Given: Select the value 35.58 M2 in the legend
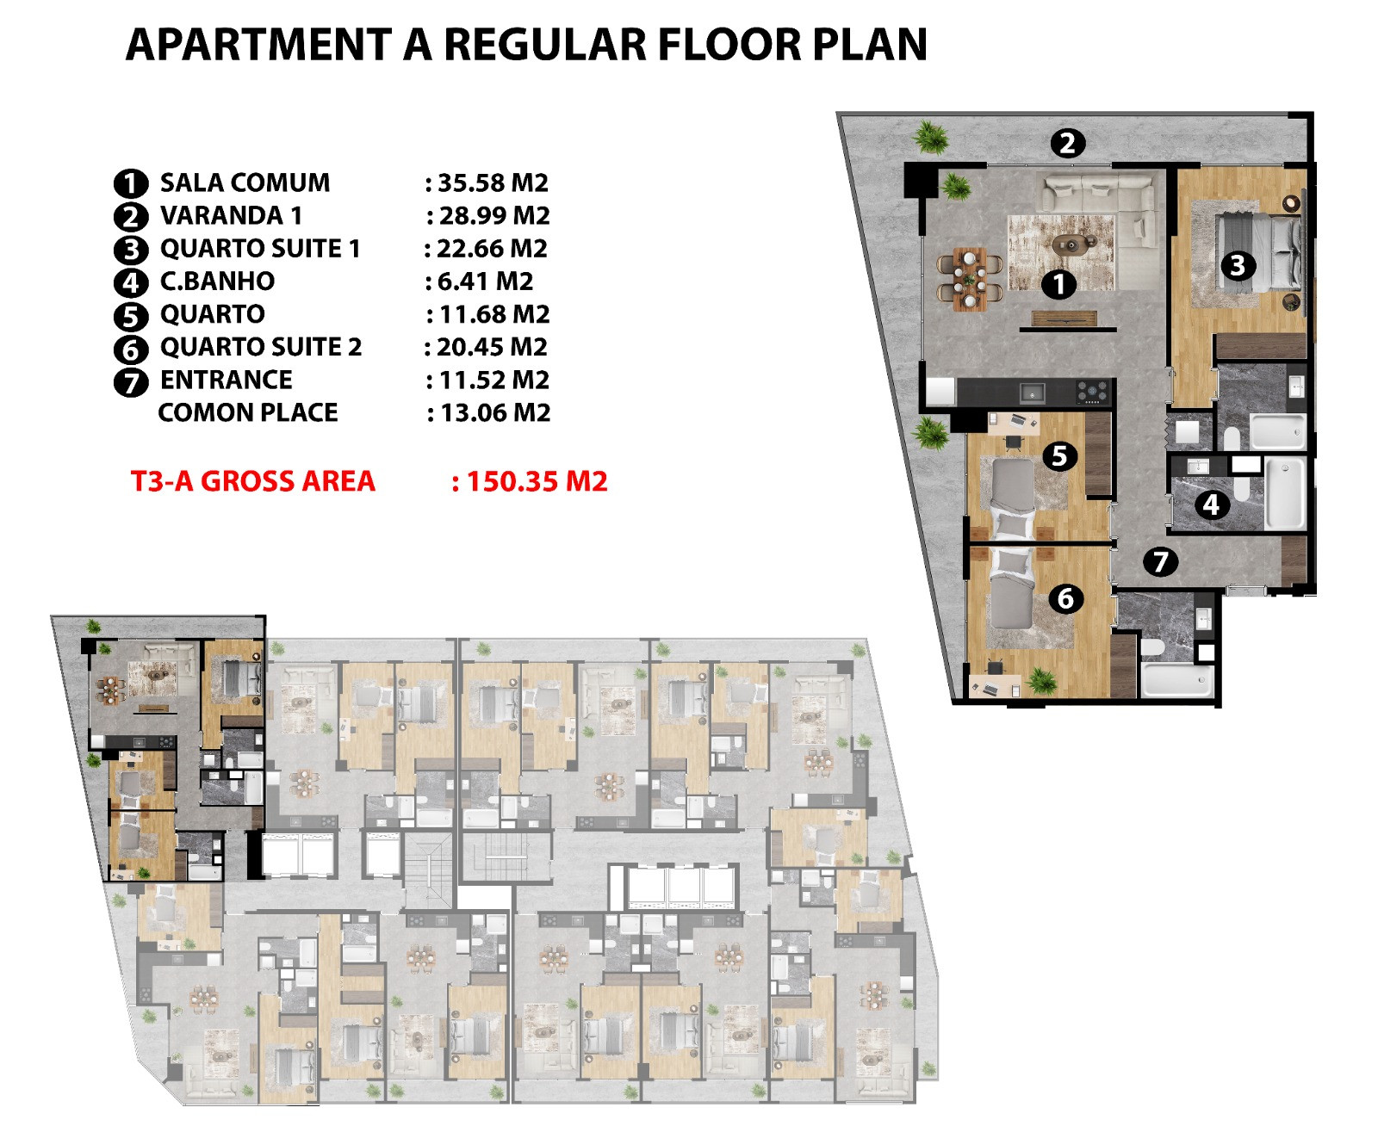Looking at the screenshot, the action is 493,183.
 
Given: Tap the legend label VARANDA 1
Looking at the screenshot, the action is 231,215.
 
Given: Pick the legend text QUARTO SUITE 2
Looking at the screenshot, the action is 261,347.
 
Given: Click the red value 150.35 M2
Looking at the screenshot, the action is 537,481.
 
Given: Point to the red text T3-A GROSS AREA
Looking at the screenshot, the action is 253,481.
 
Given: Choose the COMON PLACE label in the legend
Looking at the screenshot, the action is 248,412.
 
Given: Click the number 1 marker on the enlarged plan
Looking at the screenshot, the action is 1058,285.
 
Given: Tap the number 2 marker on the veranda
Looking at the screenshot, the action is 1067,143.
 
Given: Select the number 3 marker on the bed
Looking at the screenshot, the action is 1238,266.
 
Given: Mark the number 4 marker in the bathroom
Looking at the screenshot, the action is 1212,504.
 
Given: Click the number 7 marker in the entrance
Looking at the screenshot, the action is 1160,561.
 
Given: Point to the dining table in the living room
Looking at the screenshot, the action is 969,279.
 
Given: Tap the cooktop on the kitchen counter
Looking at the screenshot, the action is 1092,392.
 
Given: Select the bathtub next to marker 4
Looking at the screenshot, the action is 1285,493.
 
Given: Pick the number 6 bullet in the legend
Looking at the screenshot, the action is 131,350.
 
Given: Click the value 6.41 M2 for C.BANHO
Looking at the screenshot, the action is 485,281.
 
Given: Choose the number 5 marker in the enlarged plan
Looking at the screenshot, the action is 1059,455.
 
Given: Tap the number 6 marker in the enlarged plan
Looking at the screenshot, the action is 1065,598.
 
